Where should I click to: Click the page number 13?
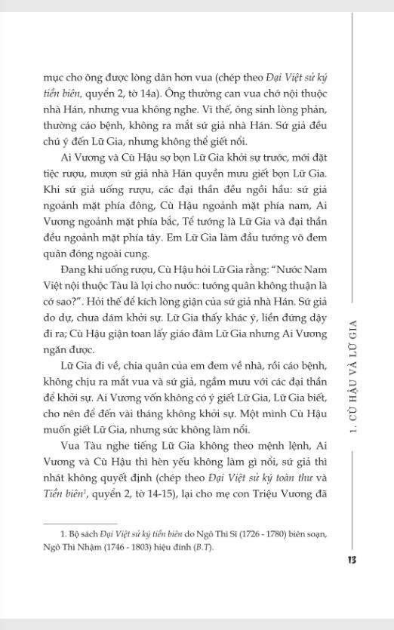click(x=352, y=560)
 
